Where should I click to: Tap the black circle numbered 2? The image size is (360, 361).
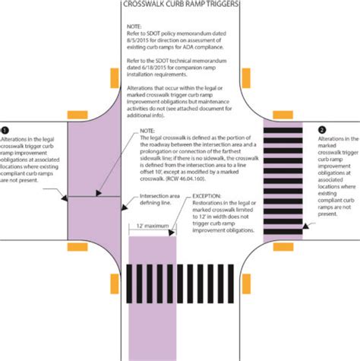(321, 130)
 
